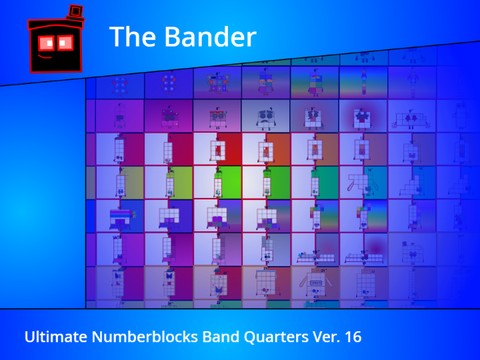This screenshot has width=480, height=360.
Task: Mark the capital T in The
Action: (117, 37)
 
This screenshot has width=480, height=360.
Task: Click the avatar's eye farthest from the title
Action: (43, 43)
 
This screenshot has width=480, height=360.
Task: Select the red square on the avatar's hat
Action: (73, 9)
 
